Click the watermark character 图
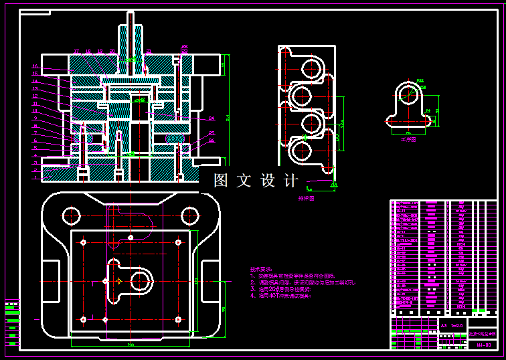coord(222,181)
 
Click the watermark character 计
coord(292,181)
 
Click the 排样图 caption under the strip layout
coord(307,199)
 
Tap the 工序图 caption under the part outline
coord(408,140)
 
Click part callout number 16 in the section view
coord(35,66)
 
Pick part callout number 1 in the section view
coord(35,178)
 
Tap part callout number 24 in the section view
coord(212,118)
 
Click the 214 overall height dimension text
coord(229,118)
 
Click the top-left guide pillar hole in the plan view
coord(71,215)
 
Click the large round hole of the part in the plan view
coord(142,282)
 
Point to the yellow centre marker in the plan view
coord(118,282)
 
